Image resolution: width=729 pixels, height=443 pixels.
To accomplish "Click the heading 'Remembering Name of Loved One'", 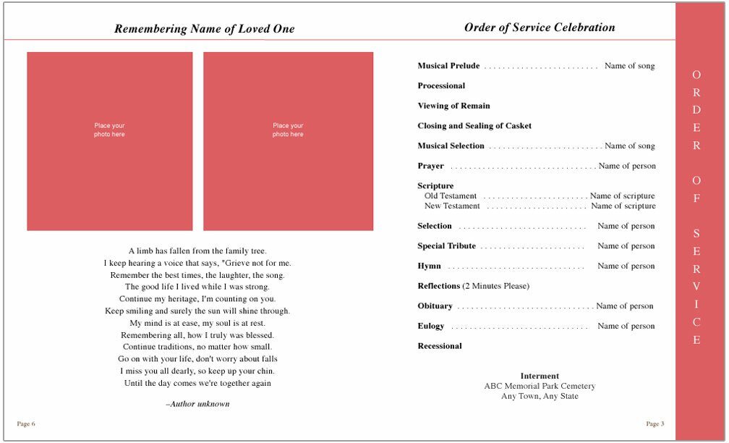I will (x=205, y=29).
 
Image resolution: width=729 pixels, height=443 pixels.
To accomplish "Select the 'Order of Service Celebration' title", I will (x=540, y=28).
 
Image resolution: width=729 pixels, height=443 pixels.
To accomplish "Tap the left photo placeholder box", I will (x=110, y=141).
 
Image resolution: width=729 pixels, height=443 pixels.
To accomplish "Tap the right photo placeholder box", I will (x=288, y=141).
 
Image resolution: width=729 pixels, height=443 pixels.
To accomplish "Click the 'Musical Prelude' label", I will (x=448, y=66).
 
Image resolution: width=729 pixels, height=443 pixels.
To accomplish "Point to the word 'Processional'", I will (x=441, y=85).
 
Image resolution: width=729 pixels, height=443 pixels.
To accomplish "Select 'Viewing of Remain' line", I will (x=453, y=106).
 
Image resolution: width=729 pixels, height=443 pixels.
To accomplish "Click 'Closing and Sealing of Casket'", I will (x=474, y=126).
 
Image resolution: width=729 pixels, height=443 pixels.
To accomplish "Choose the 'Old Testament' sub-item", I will (x=451, y=196).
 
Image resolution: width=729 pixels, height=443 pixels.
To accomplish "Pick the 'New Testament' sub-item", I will (x=452, y=206).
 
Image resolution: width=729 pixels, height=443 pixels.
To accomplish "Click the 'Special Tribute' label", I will (x=446, y=246).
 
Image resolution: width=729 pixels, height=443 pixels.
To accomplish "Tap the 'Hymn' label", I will (x=429, y=266).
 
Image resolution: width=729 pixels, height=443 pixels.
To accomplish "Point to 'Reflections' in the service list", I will (x=439, y=286).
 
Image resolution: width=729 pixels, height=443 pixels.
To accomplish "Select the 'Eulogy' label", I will (x=431, y=326).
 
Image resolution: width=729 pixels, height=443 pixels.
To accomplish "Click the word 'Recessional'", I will (x=440, y=346).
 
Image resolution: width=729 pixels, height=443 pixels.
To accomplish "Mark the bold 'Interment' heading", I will (x=540, y=376).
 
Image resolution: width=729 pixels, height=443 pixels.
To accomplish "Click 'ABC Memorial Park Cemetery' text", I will (x=540, y=386).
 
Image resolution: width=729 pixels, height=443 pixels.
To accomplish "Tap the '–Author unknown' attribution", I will (x=198, y=404).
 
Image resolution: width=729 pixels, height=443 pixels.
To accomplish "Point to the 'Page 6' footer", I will (x=26, y=423).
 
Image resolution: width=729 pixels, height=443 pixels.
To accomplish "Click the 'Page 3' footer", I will (x=655, y=423).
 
